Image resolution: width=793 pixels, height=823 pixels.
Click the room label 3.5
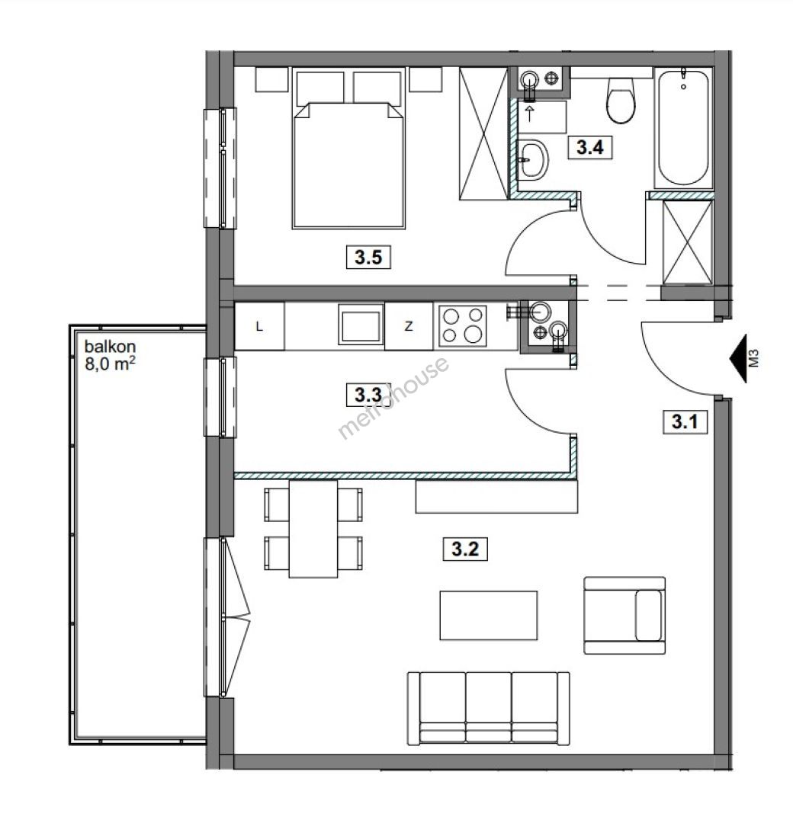click(x=368, y=258)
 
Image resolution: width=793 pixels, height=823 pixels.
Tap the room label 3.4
click(x=589, y=147)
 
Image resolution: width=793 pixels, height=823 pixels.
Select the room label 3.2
click(x=465, y=549)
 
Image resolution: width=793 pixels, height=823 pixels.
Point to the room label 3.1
click(x=684, y=421)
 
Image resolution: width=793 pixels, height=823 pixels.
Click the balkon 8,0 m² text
click(x=111, y=355)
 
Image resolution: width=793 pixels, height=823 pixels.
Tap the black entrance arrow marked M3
click(x=738, y=358)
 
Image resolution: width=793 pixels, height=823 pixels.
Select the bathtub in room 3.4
click(x=683, y=127)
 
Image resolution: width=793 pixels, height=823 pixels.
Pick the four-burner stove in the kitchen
click(x=462, y=326)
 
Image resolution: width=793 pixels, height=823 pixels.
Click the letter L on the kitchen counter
click(x=259, y=326)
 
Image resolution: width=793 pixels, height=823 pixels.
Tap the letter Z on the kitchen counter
click(x=408, y=326)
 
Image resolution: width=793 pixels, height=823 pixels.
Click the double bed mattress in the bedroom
click(x=348, y=165)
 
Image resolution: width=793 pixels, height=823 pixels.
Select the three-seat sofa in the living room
click(x=489, y=708)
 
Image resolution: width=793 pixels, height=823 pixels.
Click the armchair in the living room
click(x=624, y=615)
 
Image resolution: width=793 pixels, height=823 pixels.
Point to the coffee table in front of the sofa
click(x=489, y=615)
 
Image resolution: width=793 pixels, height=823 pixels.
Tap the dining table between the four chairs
click(x=313, y=529)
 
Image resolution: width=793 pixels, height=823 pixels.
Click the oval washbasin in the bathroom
click(x=532, y=159)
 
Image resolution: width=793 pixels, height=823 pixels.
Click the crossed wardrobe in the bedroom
click(x=483, y=133)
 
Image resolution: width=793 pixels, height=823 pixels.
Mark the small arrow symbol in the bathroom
click(x=529, y=114)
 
